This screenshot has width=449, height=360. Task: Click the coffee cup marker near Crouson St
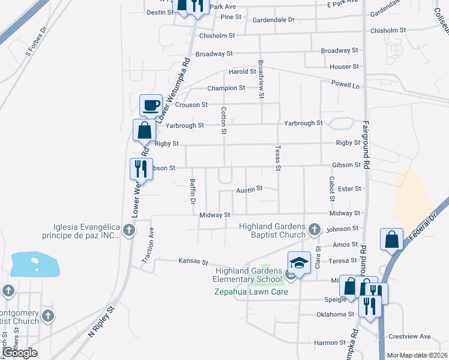click(151, 106)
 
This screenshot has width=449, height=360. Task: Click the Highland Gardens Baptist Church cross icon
click(313, 229)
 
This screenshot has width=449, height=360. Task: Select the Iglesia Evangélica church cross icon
click(128, 229)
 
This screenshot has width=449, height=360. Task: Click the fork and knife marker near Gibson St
click(140, 169)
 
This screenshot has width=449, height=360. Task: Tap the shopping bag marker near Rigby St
click(144, 130)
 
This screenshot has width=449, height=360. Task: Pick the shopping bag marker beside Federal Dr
click(391, 239)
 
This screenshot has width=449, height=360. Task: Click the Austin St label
click(250, 188)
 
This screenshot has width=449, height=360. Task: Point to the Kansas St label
click(193, 262)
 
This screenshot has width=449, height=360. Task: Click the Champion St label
click(226, 88)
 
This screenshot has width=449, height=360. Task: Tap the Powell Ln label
click(348, 85)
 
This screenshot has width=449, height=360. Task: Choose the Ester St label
click(349, 188)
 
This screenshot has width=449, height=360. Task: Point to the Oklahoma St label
click(336, 314)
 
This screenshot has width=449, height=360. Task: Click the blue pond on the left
click(35, 265)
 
